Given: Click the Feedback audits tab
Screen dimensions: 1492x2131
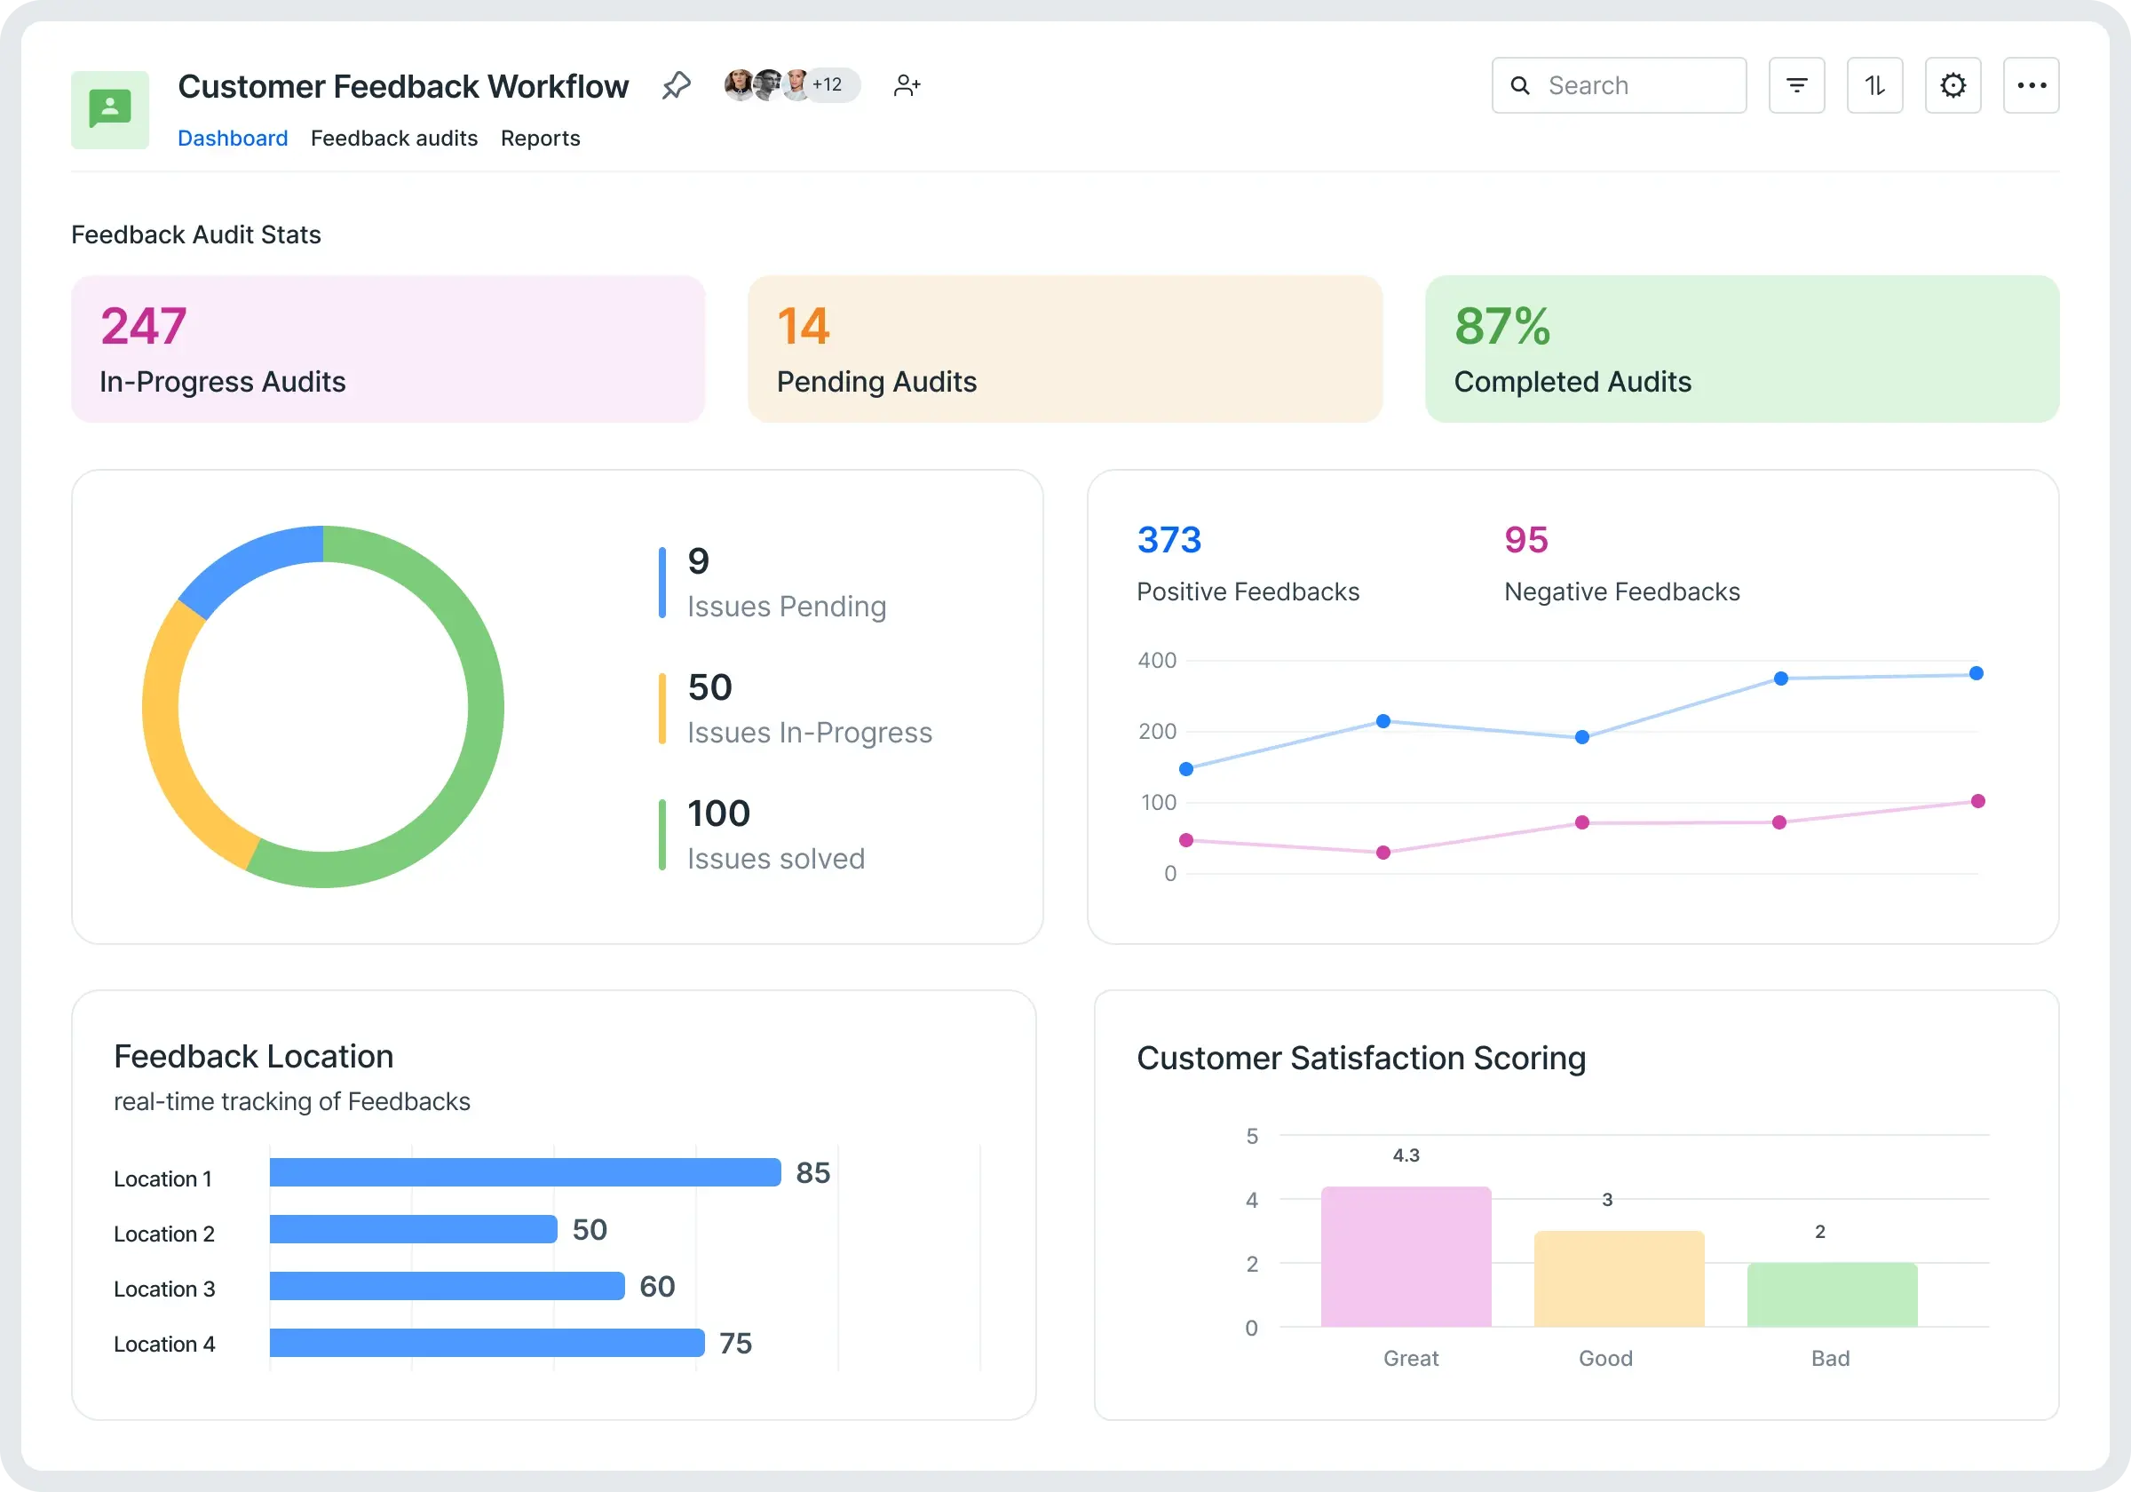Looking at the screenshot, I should [x=393, y=139].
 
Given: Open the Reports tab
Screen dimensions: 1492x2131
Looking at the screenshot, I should [x=540, y=139].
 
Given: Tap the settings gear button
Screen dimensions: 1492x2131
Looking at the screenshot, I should [x=1953, y=85].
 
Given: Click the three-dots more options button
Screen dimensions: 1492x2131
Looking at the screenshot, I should [x=2031, y=85].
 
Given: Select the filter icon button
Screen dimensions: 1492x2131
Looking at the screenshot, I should [x=1796, y=85].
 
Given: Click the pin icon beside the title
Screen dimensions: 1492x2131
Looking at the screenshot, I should [x=677, y=85].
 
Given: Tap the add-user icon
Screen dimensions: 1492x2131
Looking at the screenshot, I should [x=907, y=85].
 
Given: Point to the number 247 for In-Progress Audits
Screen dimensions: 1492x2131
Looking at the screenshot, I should [x=144, y=326].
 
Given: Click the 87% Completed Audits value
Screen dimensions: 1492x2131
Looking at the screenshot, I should [x=1501, y=326].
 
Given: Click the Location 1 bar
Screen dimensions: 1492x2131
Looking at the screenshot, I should [x=525, y=1171].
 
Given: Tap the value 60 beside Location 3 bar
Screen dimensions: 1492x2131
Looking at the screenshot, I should [x=657, y=1286].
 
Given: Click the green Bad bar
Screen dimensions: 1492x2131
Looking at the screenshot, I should [x=1831, y=1294].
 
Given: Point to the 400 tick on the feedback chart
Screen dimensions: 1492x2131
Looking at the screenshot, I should [x=1156, y=660].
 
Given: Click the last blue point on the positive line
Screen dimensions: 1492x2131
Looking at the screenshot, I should [x=1976, y=673].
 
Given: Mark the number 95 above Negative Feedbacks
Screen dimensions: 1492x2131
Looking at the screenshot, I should [x=1525, y=539].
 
